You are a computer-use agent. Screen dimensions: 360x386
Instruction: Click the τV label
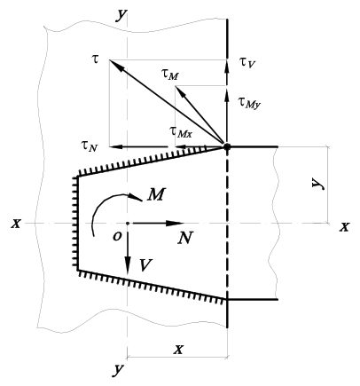[x=247, y=63]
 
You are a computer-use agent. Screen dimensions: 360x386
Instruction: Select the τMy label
[x=250, y=103]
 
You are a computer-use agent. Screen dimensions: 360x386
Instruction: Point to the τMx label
[x=181, y=131]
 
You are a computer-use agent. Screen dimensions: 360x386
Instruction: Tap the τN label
[x=89, y=146]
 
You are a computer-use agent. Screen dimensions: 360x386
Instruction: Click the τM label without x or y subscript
[x=170, y=75]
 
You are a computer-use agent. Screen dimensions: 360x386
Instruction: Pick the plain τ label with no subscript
[x=96, y=59]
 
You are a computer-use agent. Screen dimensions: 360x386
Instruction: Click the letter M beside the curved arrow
[x=156, y=194]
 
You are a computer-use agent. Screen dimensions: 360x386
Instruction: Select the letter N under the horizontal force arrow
[x=185, y=237]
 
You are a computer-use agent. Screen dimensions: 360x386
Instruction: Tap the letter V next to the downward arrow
[x=145, y=264]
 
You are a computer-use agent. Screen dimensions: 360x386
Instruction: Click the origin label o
[x=117, y=236]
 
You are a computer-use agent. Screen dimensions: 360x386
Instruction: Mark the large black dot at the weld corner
[x=227, y=146]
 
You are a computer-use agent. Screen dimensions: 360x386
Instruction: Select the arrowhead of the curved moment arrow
[x=136, y=197]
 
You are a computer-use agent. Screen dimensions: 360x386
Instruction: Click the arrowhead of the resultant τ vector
[x=116, y=65]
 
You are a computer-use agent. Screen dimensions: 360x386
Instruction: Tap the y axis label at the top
[x=121, y=15]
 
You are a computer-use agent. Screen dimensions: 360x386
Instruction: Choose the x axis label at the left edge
[x=16, y=224]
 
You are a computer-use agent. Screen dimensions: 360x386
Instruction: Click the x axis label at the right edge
[x=344, y=227]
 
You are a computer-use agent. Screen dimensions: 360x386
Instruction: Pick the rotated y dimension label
[x=318, y=184]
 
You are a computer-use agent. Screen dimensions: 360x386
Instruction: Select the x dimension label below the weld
[x=178, y=350]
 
